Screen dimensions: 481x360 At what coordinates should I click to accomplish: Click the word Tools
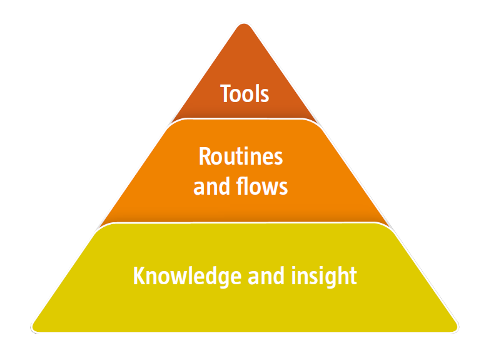point(245,93)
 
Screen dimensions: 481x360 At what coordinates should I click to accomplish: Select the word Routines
point(241,156)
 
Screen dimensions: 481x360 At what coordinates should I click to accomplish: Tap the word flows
point(262,186)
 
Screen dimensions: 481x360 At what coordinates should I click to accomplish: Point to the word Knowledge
point(188,276)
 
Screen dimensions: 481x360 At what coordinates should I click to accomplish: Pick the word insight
point(324,276)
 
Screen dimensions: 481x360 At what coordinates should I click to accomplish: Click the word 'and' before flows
point(211,186)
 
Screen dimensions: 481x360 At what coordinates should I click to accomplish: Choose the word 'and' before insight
point(266,275)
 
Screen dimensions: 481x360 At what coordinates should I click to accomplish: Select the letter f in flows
point(240,186)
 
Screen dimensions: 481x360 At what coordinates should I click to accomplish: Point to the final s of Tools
point(265,95)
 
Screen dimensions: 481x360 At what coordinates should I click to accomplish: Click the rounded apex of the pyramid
point(244,24)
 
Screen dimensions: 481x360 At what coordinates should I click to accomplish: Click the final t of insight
point(353,277)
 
